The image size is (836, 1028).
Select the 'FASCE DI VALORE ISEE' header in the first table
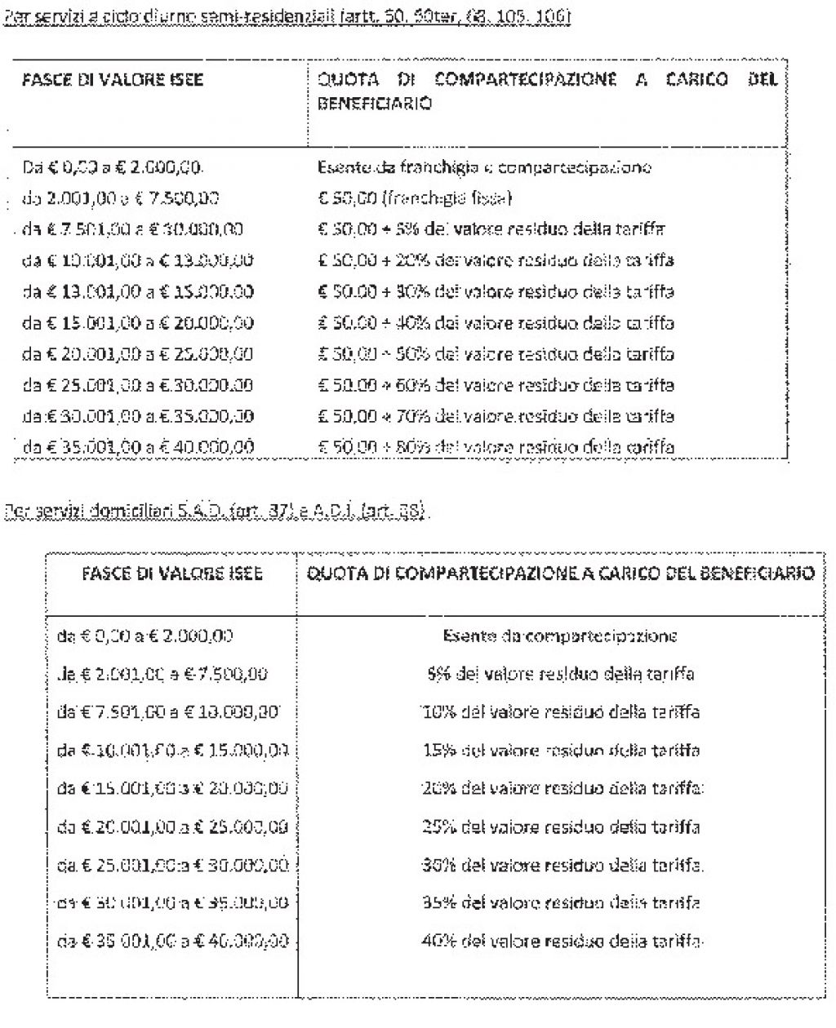click(x=113, y=80)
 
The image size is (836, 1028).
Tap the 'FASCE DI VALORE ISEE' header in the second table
click(x=172, y=574)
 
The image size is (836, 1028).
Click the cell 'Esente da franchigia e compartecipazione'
click(x=483, y=168)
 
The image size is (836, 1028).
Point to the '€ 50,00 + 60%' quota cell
click(x=495, y=385)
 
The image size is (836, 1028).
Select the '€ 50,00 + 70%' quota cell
click(x=495, y=416)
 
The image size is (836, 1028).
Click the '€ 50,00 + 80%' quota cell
click(x=495, y=447)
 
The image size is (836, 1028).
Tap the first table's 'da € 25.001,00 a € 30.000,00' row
click(x=138, y=385)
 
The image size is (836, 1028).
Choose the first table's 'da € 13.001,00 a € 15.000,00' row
click(x=138, y=292)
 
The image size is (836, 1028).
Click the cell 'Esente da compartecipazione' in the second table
click(x=559, y=636)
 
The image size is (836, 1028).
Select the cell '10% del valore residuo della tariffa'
click(x=561, y=712)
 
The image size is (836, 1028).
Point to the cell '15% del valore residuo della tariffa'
click(x=561, y=751)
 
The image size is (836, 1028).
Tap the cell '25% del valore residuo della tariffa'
click(x=561, y=826)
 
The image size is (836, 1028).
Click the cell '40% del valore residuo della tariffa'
click(x=561, y=941)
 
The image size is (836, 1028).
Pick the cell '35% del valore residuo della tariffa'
click(x=561, y=902)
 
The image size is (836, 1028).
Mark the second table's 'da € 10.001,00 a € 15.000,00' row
click(x=173, y=751)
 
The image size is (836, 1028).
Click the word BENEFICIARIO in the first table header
click(x=374, y=104)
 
